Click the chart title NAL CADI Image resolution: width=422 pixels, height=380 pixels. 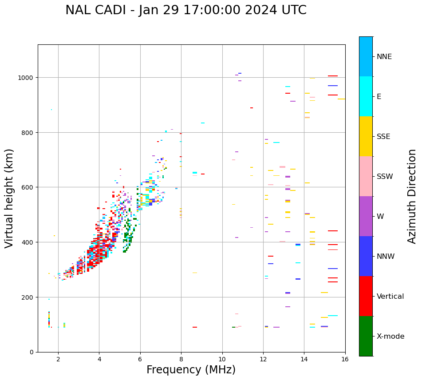click(x=185, y=10)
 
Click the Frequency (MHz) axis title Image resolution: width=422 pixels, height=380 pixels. click(x=191, y=370)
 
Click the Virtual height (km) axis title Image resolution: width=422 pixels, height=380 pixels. click(x=9, y=198)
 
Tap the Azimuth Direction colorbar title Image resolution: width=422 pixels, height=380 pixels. click(x=412, y=196)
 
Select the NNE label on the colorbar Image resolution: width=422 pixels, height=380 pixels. click(x=384, y=57)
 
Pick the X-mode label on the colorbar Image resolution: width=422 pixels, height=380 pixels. click(x=390, y=336)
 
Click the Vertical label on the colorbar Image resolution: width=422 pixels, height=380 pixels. click(x=390, y=297)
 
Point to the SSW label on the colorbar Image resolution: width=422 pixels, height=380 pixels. click(x=385, y=177)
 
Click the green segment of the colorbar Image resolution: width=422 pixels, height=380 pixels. click(x=366, y=336)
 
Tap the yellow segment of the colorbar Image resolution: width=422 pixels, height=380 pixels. click(x=366, y=136)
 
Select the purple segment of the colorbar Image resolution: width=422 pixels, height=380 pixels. click(x=366, y=216)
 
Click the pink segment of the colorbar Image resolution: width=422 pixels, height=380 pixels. click(x=366, y=176)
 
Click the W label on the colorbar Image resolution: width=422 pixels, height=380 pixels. click(x=380, y=217)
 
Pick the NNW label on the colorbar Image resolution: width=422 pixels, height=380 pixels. click(x=386, y=257)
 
